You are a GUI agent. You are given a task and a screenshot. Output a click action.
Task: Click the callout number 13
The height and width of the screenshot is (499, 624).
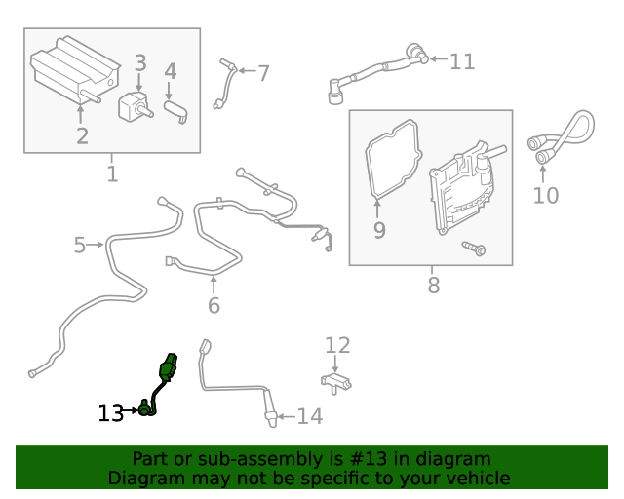tap(110, 413)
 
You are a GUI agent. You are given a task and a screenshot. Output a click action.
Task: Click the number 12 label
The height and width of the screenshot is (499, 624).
tap(337, 345)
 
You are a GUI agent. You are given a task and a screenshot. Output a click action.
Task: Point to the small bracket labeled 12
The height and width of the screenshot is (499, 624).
tap(335, 379)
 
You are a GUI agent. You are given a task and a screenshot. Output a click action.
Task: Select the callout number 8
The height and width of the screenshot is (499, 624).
tap(434, 285)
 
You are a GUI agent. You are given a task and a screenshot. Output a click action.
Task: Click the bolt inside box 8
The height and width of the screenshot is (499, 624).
tap(474, 249)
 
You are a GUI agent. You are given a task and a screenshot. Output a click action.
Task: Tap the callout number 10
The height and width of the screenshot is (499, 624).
tap(546, 195)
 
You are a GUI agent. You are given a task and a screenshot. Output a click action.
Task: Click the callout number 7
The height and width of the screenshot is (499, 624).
tap(262, 72)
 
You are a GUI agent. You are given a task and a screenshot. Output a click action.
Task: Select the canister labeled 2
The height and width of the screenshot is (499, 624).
tap(73, 73)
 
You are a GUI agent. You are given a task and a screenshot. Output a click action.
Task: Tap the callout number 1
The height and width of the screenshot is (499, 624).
tap(112, 174)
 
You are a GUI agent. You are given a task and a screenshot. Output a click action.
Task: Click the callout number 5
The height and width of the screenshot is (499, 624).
tap(80, 245)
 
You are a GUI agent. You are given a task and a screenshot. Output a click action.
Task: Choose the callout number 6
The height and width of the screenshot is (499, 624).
tap(214, 305)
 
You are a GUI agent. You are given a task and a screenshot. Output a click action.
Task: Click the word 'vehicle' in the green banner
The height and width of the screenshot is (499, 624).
tap(477, 479)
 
